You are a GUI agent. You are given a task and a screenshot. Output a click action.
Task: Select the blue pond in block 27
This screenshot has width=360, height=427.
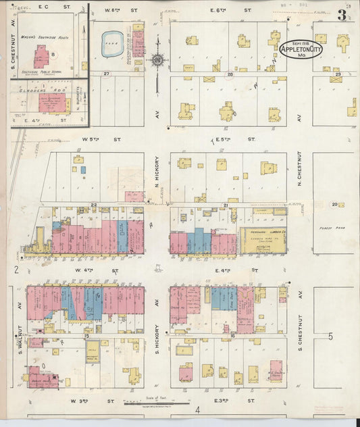click(112, 43)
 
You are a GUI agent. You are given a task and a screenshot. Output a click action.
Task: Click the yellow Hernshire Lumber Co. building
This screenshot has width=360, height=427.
click(263, 240)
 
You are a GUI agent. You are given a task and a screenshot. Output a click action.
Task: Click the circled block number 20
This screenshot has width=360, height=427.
click(334, 204)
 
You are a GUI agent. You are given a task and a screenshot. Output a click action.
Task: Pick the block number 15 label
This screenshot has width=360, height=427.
click(86, 336)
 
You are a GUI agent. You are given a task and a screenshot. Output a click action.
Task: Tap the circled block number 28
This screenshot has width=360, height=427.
click(230, 74)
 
